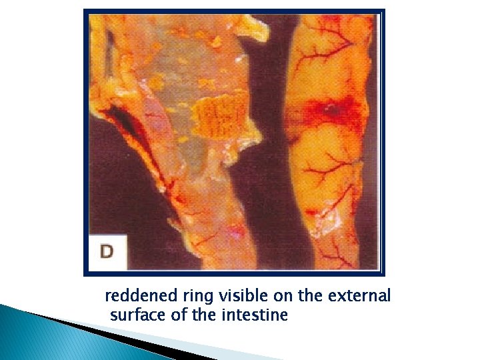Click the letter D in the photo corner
tap(107, 251)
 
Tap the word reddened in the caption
tap(137, 296)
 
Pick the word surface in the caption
tap(136, 315)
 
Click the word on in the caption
tap(273, 296)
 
